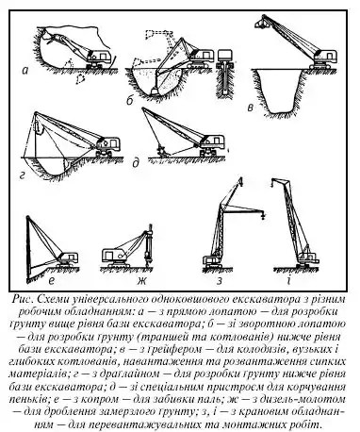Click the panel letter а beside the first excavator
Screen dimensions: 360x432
(25, 71)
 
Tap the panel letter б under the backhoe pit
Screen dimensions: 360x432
(130, 100)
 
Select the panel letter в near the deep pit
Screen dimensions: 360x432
(251, 108)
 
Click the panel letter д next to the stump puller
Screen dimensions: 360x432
(136, 163)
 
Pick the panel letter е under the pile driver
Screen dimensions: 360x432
(52, 280)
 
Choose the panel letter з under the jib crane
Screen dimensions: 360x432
(220, 281)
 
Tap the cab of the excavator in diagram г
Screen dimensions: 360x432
(109, 143)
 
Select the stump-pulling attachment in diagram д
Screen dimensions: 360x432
(163, 152)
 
